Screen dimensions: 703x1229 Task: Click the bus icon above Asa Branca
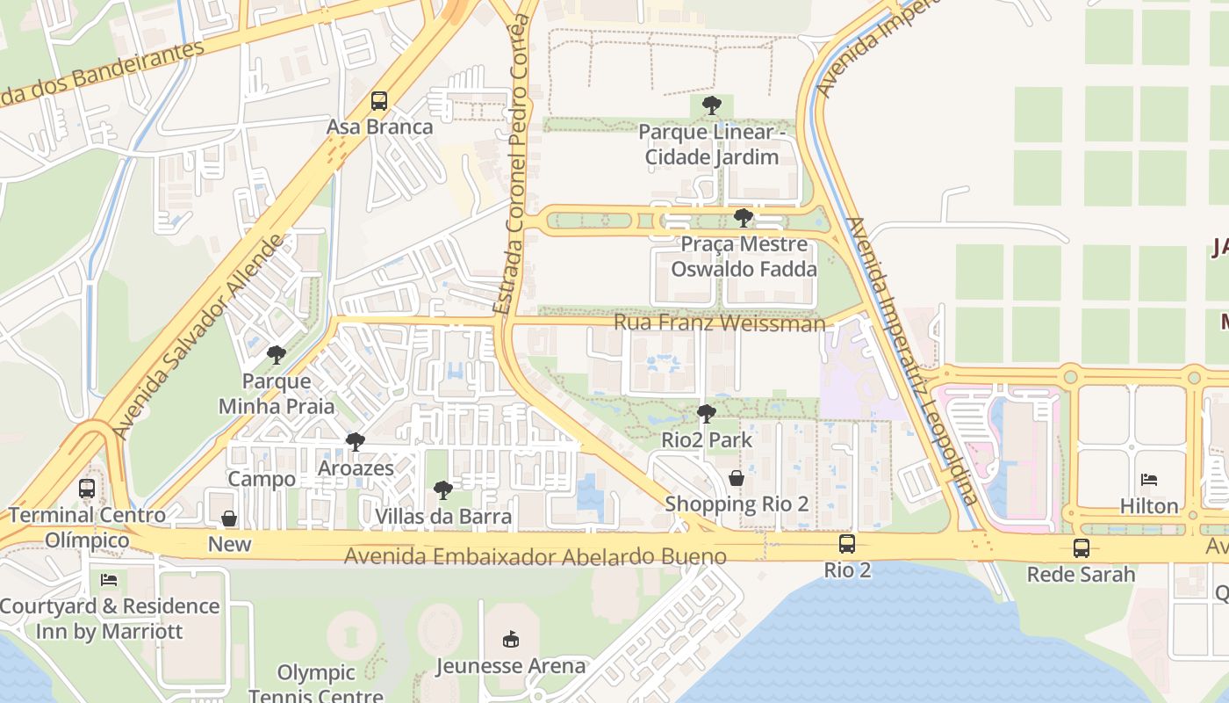pos(379,101)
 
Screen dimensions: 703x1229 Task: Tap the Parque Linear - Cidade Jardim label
pos(708,145)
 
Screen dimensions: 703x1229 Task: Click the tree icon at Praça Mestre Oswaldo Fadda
pos(744,217)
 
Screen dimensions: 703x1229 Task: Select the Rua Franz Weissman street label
pos(720,323)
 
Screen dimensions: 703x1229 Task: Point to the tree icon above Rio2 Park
pos(706,413)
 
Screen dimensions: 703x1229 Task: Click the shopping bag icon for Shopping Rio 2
pos(737,478)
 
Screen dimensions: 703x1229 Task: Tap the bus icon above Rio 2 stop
pos(847,544)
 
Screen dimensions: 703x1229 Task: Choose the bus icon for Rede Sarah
pos(1082,548)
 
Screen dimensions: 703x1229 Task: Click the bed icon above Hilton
pos(1149,480)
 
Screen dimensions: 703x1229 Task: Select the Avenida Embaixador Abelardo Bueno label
pos(535,556)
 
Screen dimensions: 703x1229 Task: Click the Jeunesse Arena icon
pos(510,639)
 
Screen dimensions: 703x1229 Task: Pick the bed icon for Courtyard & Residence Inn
pos(109,580)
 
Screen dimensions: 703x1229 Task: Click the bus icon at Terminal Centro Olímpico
pos(87,489)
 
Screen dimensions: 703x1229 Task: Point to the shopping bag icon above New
pos(229,518)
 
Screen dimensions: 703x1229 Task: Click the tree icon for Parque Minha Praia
pos(277,355)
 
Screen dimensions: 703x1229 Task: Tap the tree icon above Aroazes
pos(355,441)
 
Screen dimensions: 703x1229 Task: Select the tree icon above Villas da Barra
pos(443,489)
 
